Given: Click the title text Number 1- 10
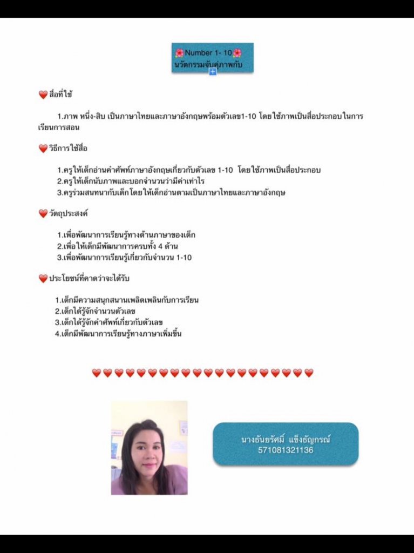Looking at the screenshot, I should [x=208, y=53].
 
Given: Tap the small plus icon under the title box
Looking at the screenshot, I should [x=213, y=72].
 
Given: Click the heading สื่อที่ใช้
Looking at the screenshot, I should [x=61, y=95].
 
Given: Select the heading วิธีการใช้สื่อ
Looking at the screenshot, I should [x=68, y=149].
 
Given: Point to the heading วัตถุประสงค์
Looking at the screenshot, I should [x=69, y=213].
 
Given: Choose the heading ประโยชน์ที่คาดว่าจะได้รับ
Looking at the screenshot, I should [x=89, y=278].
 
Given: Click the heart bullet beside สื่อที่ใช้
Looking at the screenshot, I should [x=43, y=95].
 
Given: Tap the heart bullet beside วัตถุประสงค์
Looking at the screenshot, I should [x=43, y=213].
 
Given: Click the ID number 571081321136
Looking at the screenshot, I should [x=286, y=450].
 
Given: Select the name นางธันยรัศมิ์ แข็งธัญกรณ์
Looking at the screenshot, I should [x=286, y=440].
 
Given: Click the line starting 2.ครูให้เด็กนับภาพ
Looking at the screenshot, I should [x=131, y=181].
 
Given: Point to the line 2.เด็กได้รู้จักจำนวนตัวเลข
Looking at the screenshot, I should [x=95, y=311].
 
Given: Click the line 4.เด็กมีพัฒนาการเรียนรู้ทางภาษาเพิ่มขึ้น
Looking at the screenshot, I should [x=118, y=334].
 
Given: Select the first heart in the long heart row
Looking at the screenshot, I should [x=97, y=373].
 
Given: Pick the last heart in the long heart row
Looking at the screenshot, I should [x=309, y=373].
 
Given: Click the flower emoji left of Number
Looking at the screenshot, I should [x=180, y=53].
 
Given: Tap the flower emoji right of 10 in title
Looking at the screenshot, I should [x=237, y=53].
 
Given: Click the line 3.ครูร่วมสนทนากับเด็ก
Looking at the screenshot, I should [x=171, y=192].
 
